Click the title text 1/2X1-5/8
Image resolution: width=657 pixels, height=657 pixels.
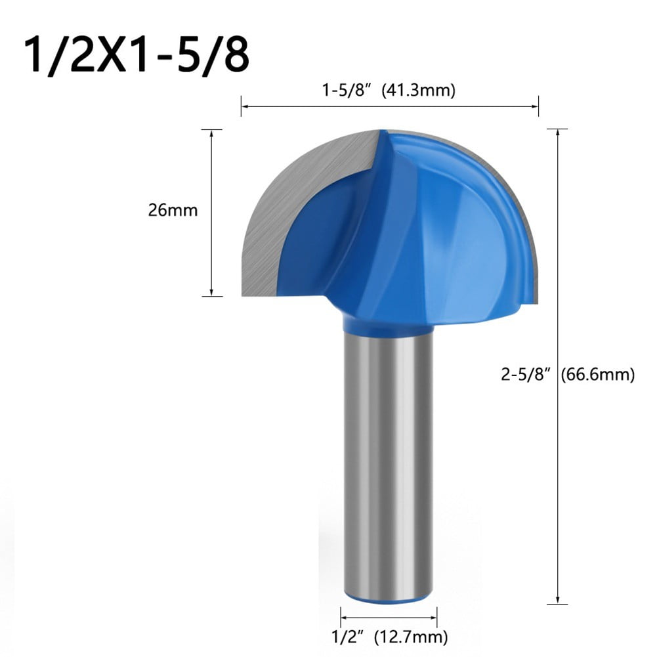pos(137,56)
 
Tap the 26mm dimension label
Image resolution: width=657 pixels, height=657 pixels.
pos(173,211)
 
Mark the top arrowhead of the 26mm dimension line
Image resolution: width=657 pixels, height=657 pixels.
pos(211,133)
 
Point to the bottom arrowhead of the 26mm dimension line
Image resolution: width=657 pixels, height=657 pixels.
pos(211,293)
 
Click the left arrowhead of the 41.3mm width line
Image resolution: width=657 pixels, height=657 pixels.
pos(244,106)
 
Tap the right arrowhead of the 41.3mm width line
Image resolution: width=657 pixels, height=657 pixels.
pos(536,106)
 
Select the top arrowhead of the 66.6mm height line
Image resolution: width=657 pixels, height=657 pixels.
pos(557,133)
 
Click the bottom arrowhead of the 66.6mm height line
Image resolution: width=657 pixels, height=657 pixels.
pos(557,599)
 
